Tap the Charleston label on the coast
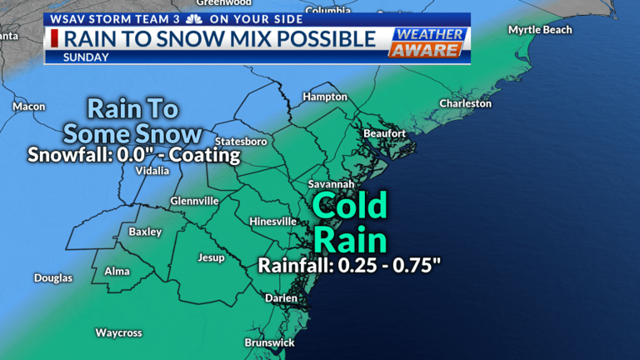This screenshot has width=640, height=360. click(466, 104)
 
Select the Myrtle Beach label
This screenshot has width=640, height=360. click(540, 30)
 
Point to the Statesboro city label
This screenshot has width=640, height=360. click(241, 141)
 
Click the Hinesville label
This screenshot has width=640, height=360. click(272, 222)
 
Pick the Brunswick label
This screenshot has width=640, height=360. click(269, 342)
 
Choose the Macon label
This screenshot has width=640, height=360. click(29, 107)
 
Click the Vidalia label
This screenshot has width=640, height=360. click(152, 171)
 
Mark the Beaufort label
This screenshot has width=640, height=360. click(384, 133)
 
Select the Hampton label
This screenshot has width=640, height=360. click(324, 97)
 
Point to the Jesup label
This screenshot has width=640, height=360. click(211, 257)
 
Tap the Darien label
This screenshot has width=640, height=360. click(280, 297)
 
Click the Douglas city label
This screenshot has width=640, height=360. click(52, 277)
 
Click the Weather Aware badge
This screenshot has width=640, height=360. click(425, 43)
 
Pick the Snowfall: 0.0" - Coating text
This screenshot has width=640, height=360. click(133, 155)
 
